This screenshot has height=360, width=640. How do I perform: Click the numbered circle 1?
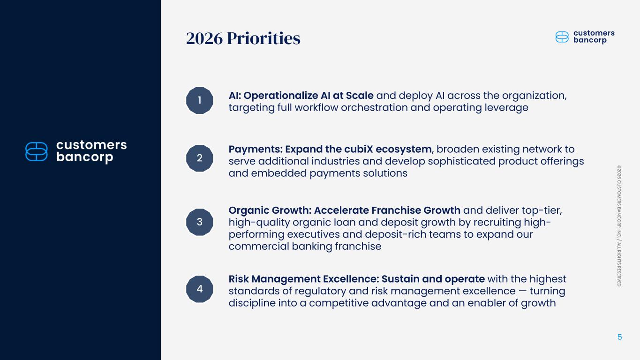(199, 100)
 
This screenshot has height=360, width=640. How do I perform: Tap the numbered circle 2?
(199, 158)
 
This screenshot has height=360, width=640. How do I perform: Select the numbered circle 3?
(199, 222)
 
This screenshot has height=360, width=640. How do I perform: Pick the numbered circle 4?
(199, 289)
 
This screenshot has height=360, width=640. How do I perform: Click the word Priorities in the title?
(264, 38)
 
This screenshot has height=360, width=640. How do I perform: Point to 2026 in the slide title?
(204, 38)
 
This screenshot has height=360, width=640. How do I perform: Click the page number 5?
(619, 337)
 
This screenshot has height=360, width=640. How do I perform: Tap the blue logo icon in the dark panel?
(37, 151)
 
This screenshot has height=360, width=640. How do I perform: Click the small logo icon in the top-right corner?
(562, 37)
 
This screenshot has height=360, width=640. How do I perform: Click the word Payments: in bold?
(256, 150)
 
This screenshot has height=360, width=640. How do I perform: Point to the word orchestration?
(374, 108)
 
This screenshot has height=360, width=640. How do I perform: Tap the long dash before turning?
(523, 291)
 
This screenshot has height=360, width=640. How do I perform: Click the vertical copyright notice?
(619, 226)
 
